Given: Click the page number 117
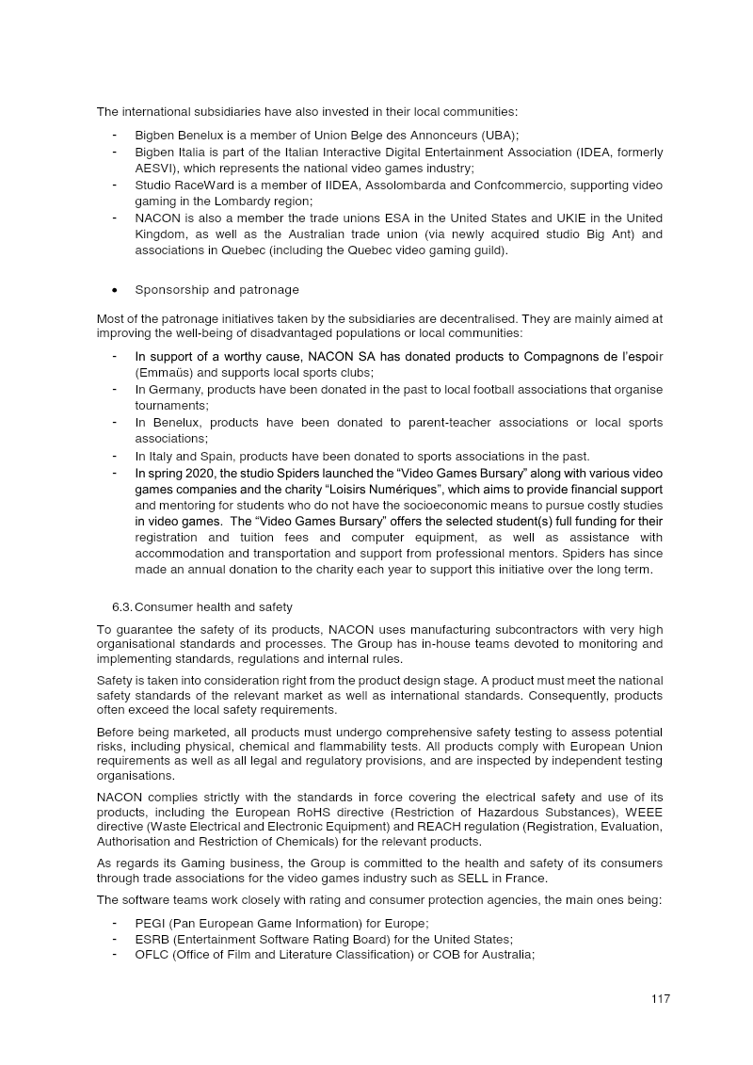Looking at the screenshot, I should [660, 1000].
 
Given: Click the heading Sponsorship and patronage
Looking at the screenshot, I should [216, 289].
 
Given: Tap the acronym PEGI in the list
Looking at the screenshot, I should [151, 924].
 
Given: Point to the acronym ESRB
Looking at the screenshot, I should [152, 939].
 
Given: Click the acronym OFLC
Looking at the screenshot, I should [152, 954].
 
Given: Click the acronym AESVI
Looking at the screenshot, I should [155, 168].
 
